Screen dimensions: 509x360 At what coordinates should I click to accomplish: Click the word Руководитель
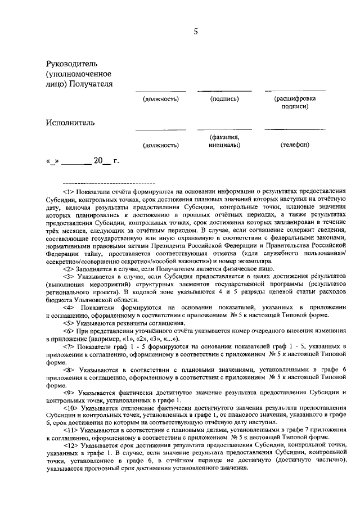point(74,64)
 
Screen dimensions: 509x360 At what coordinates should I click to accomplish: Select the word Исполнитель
point(70,122)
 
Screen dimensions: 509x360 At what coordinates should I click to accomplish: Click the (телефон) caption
point(295,145)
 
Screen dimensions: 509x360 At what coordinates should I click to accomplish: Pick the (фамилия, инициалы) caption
point(224,141)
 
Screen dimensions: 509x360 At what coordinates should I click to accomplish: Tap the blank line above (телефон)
point(294,129)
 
